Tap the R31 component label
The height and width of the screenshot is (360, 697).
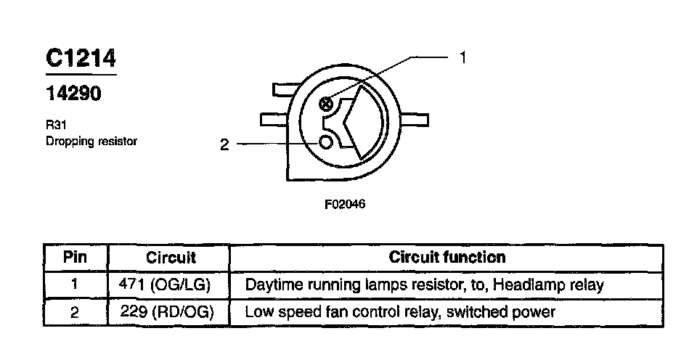54,124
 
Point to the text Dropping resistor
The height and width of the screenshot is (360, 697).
91,141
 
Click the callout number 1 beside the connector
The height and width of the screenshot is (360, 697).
462,57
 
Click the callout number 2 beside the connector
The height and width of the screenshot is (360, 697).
224,144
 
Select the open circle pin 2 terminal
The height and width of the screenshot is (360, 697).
325,142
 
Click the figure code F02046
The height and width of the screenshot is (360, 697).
344,205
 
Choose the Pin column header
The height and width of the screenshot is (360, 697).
75,257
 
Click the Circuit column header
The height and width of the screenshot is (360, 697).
171,257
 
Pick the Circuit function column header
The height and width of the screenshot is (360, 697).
447,257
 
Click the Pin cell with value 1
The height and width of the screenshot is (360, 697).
75,285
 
